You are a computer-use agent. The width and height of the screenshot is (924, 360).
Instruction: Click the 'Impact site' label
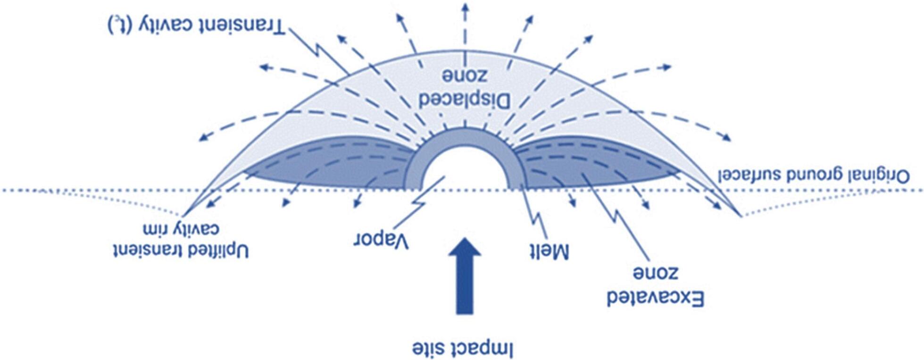pyautogui.click(x=462, y=348)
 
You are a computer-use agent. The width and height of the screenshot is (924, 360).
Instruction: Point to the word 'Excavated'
pyautogui.click(x=655, y=299)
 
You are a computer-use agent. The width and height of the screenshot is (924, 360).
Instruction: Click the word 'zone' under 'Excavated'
pyautogui.click(x=655, y=273)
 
